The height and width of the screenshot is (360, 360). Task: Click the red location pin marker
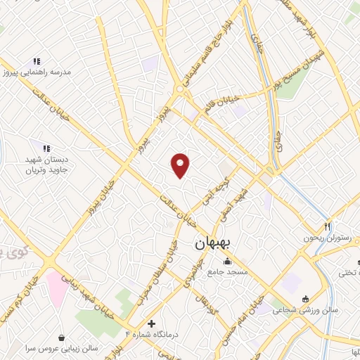[x=181, y=165]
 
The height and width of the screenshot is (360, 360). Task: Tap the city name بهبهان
[x=217, y=243]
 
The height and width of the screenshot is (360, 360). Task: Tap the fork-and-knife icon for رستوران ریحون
[x=327, y=226]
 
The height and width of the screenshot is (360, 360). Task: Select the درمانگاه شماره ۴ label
[x=152, y=335]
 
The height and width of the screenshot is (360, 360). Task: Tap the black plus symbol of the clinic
[x=151, y=323]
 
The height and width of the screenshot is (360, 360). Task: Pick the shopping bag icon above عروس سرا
[x=63, y=337]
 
